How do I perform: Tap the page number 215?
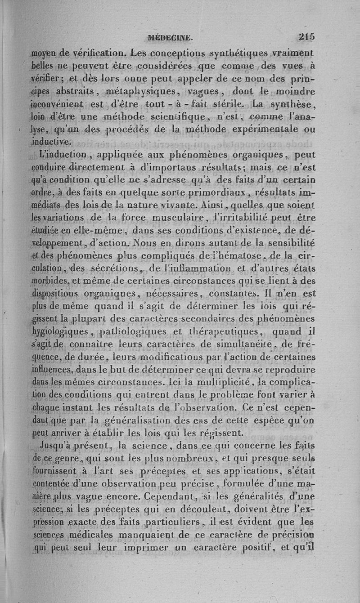pyautogui.click(x=306, y=37)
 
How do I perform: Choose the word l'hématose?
pyautogui.click(x=219, y=256)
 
